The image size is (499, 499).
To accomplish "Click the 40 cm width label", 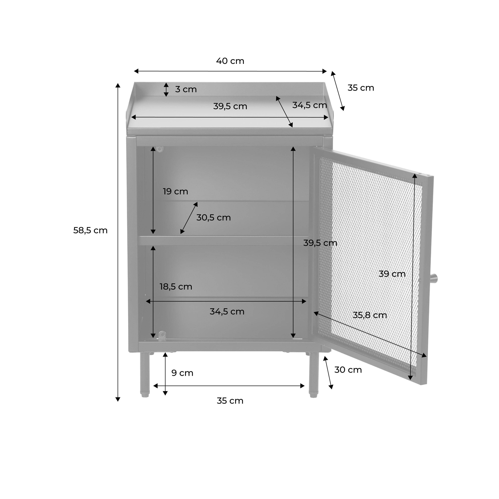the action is point(230,61).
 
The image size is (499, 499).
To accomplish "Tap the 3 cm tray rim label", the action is point(186,89).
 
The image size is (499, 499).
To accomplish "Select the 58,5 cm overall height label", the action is point(90,230).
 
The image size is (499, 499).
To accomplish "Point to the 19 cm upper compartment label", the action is point(175,191).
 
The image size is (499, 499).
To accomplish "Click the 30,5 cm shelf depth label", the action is point(213,217).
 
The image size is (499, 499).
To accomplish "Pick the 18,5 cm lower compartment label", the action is point(176,287).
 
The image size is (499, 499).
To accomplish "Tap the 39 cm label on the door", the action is point(392,274).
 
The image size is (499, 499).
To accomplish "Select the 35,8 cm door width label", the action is point(370,315).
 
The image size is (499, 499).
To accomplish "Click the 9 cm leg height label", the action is point(182,373).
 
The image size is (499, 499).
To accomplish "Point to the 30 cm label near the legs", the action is point(348,370).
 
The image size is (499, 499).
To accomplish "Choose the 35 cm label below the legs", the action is point(230,401).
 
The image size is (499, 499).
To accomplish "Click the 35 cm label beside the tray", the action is point(361,88).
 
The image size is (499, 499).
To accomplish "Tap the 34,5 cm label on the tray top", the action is point(309,105).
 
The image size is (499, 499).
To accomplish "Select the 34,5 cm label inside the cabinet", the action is point(227,312).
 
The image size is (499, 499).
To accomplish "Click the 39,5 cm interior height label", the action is point(320,243).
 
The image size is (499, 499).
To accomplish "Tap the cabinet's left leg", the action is point(145,375).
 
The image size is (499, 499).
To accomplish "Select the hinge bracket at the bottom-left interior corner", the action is point(162,335).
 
